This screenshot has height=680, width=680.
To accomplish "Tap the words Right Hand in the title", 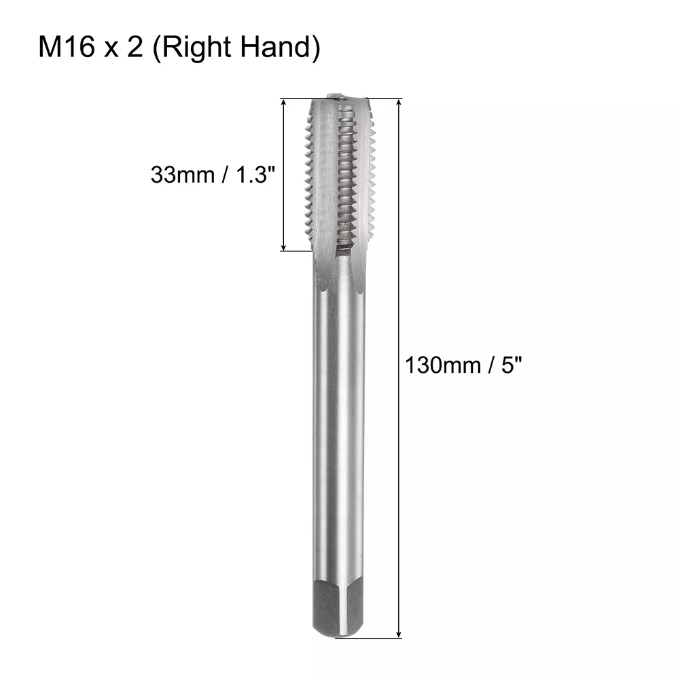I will pyautogui.click(x=232, y=49).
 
